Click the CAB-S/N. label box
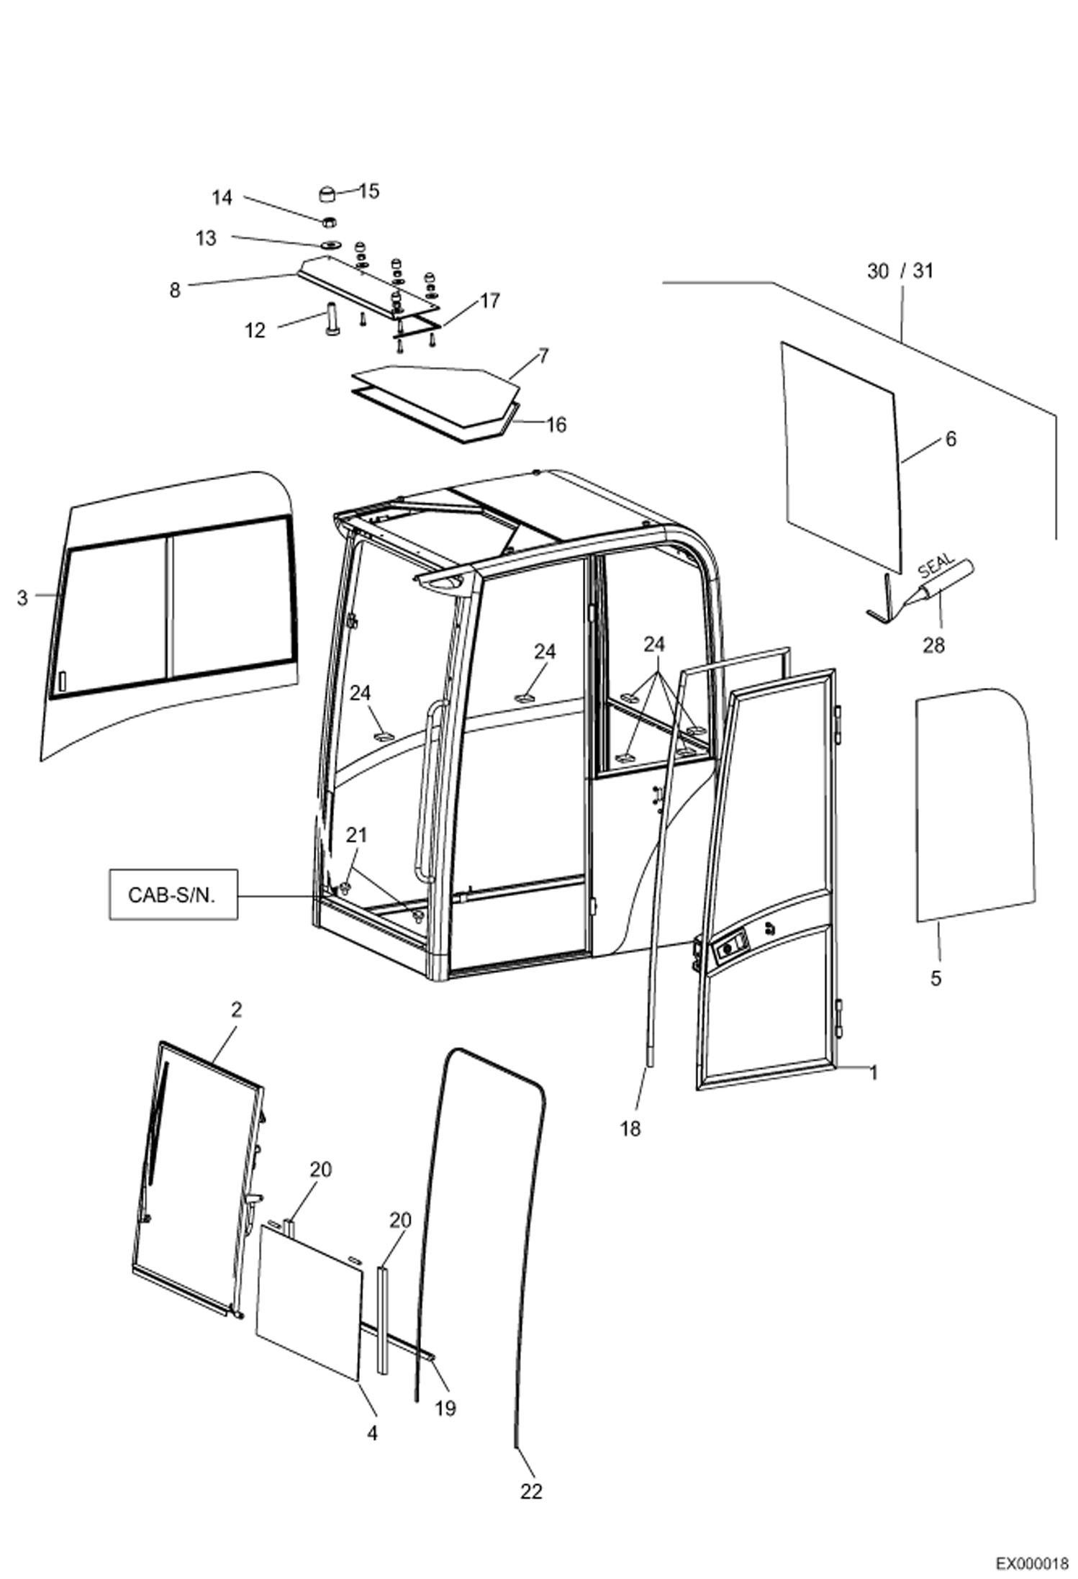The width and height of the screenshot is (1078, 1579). pos(173,895)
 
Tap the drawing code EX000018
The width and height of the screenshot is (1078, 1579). pos(1031,1560)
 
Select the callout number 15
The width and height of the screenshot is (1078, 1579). pos(369,191)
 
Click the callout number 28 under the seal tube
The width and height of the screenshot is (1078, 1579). pos(933,646)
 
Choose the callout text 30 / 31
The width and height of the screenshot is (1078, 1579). pos(900,271)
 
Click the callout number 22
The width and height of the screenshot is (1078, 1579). pos(531,1492)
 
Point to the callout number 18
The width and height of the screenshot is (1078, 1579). pos(630,1128)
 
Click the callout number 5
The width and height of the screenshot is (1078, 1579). pos(936,978)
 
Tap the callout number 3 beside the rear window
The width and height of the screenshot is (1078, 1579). pos(22,597)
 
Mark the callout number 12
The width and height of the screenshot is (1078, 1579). pos(255,330)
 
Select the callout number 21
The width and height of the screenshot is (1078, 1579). pos(356,835)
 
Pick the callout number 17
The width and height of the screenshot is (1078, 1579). pos(489,300)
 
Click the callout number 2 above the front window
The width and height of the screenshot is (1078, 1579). pos(236,1010)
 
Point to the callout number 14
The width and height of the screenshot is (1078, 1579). pos(222,197)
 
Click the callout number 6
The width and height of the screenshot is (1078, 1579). pos(950,438)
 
